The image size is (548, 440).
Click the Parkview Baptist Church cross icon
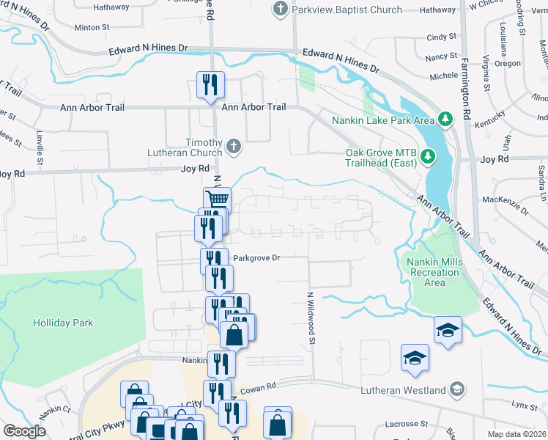[279, 10]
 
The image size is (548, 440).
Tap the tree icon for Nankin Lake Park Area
[444, 119]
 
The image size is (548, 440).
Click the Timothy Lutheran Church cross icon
[233, 147]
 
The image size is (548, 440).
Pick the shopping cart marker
[216, 199]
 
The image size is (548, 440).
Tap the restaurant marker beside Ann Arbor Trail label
[210, 84]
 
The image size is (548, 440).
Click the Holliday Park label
[63, 323]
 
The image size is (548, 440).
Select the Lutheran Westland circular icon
[458, 389]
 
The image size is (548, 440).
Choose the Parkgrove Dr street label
[256, 258]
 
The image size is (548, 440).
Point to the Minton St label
[92, 27]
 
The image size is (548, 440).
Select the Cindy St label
[442, 37]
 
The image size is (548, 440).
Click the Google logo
[24, 430]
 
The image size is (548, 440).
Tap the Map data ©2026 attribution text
[516, 434]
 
